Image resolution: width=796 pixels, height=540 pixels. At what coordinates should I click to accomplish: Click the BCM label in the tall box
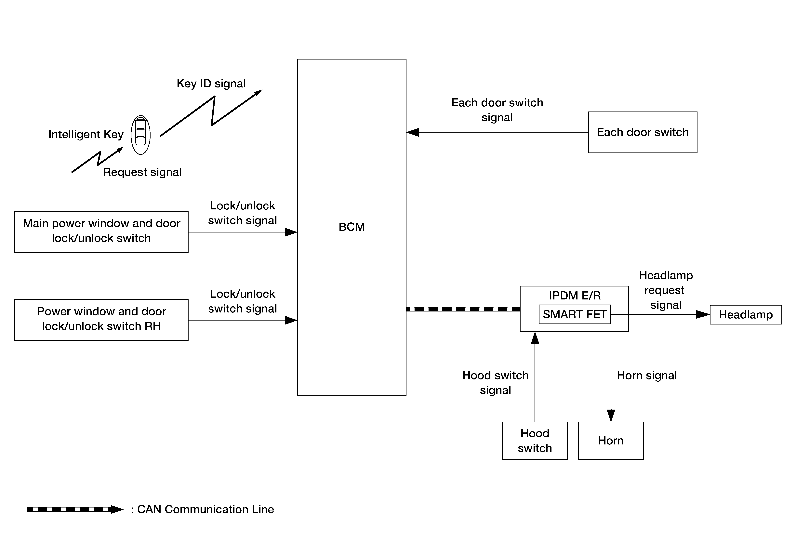click(x=352, y=227)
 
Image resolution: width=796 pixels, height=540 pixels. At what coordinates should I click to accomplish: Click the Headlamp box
click(x=745, y=314)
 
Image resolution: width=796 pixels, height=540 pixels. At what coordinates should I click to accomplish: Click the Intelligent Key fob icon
click(x=140, y=135)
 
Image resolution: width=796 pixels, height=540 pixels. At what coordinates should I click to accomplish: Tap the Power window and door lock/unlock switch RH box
click(x=101, y=320)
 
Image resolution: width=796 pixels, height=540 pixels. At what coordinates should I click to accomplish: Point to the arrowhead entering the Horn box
click(x=611, y=415)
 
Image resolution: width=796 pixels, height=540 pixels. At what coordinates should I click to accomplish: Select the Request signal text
click(x=142, y=172)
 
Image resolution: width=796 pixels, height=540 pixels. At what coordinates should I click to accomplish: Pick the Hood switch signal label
click(x=495, y=382)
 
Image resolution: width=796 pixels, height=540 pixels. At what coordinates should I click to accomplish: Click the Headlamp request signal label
click(x=666, y=290)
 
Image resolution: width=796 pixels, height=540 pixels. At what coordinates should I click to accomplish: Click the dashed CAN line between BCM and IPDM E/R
click(x=462, y=309)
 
